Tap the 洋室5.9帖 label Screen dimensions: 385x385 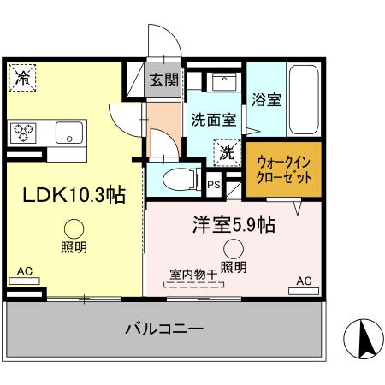coord(232,226)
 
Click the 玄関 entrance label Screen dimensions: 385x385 coord(163,81)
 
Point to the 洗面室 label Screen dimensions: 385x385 coord(213,121)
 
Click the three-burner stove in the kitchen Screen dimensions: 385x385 coord(25,132)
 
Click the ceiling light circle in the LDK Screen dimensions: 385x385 coord(73,228)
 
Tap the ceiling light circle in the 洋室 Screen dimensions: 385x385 coord(233,249)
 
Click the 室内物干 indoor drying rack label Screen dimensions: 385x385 coord(193,275)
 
